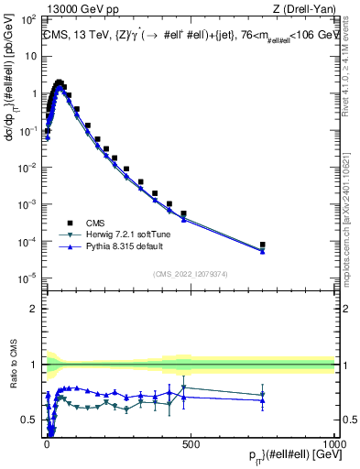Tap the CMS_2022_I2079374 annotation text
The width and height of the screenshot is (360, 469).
point(190,272)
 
